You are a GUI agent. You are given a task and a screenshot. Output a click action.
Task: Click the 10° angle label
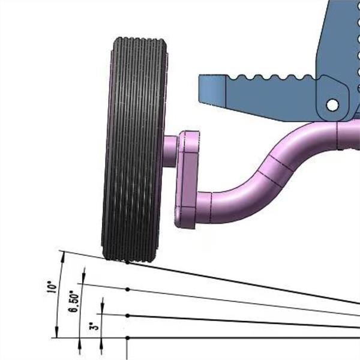pos(52,287)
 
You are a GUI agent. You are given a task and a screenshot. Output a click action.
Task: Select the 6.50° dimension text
pos(74,301)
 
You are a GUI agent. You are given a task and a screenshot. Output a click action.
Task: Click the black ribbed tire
pos(134,149)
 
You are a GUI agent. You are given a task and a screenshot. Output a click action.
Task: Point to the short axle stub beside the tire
pos(170,151)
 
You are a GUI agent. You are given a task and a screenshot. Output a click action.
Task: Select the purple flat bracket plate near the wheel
pos(188,179)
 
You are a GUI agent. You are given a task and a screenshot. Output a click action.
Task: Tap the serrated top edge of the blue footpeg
pos(272,77)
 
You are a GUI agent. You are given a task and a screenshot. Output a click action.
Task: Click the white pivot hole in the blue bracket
pos(332,105)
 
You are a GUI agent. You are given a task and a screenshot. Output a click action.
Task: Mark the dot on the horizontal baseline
pos(128,338)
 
